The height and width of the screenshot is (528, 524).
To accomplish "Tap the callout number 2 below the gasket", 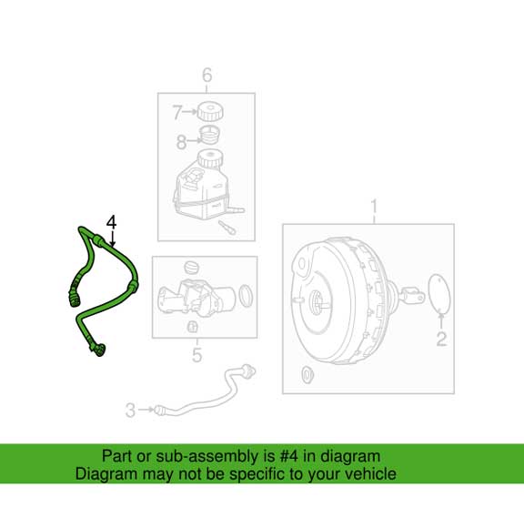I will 441,340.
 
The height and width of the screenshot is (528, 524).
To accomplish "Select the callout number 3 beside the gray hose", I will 130,411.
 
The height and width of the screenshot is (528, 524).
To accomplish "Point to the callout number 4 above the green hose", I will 112,222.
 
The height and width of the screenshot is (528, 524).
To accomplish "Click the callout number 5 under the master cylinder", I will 197,355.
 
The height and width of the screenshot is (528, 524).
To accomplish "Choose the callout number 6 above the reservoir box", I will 207,76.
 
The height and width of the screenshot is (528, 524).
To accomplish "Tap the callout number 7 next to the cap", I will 178,113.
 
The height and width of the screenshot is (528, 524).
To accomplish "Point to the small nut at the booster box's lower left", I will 306,373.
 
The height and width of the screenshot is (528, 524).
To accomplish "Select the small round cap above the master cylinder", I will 190,267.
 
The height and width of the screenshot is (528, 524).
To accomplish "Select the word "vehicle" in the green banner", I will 369,473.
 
